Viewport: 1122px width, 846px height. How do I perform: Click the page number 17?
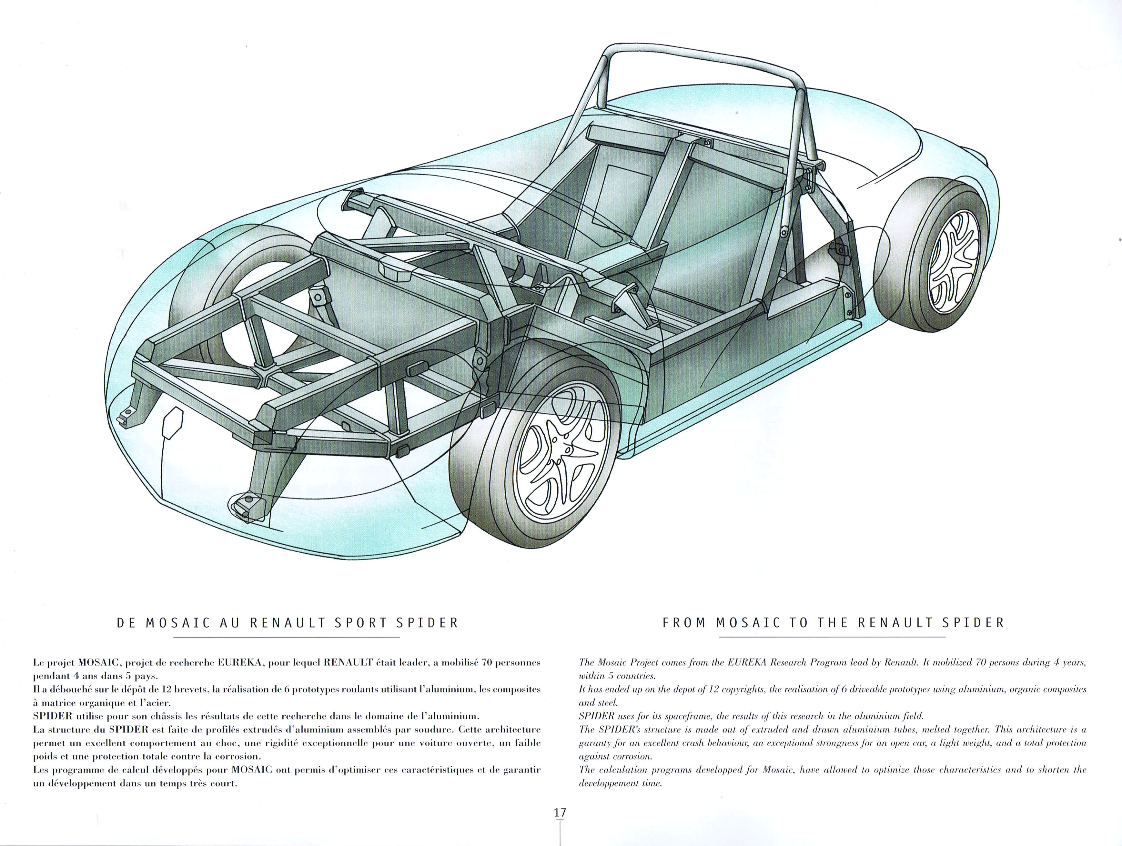(560, 812)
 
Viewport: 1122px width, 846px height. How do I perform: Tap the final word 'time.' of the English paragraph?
(652, 784)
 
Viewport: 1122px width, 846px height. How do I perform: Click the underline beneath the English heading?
(832, 637)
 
